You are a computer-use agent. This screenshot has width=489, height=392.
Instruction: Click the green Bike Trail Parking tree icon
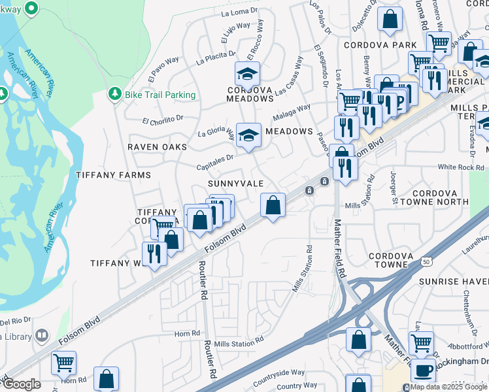pyautogui.click(x=115, y=94)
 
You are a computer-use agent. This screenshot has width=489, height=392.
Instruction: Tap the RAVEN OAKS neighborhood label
pyautogui.click(x=157, y=147)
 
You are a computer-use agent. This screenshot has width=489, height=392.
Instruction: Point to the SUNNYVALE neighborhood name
pyautogui.click(x=235, y=184)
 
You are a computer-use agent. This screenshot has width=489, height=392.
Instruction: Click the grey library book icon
pyautogui.click(x=42, y=335)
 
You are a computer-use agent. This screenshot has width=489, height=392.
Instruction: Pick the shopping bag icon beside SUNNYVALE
pyautogui.click(x=273, y=205)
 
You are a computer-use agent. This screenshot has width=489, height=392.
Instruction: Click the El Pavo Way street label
pyautogui.click(x=163, y=69)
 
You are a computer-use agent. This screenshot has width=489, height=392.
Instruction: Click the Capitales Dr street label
pyautogui.click(x=214, y=163)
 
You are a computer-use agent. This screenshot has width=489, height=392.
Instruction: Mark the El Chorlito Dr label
pyautogui.click(x=164, y=120)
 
